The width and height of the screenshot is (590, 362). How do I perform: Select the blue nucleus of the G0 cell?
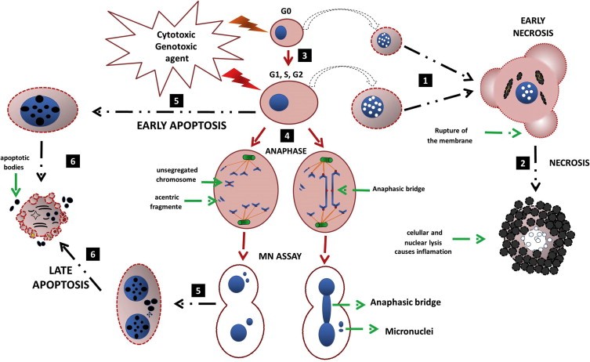coord(280,32)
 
